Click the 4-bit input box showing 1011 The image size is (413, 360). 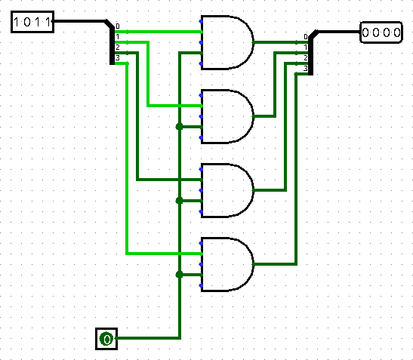32,22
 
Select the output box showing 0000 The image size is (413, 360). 381,32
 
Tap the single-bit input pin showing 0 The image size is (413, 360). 106,339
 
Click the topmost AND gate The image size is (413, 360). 227,42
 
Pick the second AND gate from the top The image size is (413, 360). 227,116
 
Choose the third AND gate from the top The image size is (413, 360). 227,190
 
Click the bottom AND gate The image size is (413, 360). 227,264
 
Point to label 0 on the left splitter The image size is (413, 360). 118,26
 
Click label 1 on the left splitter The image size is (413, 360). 118,37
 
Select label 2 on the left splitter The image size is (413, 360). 118,47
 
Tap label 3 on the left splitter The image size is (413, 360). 118,57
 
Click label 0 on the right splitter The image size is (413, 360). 306,37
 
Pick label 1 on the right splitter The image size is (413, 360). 306,48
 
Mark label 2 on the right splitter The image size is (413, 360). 306,58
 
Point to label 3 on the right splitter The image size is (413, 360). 306,69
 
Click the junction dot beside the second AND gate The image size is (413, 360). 179,127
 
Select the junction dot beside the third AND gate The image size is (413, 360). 179,201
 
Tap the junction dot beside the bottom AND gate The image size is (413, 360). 179,275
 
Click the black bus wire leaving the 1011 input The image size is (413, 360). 82,21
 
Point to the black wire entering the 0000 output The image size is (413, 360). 338,32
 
